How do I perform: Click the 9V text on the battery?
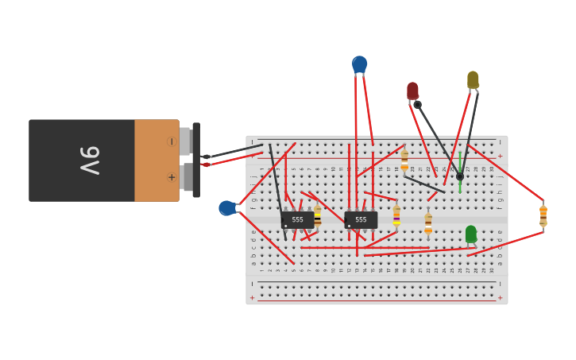pos(89,161)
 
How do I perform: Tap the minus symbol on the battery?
pos(172,141)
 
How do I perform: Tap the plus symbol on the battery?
pos(172,177)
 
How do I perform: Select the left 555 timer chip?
pos(297,219)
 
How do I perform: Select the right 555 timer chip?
pos(361,219)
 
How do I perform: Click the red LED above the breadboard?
pos(412,91)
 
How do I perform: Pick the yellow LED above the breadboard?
pos(473,79)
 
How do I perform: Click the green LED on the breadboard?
pos(471,234)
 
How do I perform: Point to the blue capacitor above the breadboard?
pos(360,64)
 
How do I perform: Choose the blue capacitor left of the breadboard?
pos(227,208)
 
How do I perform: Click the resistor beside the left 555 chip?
pos(317,216)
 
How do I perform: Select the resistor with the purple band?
pos(396,215)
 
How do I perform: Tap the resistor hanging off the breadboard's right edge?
pos(543,215)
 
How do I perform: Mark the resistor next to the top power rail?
pos(404,160)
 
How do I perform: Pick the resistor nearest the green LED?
pos(428,223)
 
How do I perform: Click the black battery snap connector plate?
pos(195,160)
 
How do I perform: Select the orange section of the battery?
pos(157,161)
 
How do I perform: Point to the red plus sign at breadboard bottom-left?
pos(253,298)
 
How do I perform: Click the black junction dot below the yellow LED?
pos(459,176)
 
